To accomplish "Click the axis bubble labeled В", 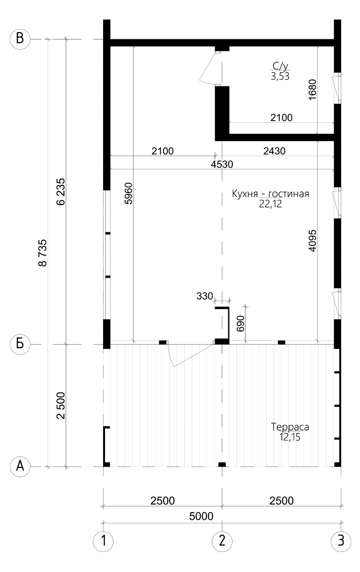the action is point(20,39).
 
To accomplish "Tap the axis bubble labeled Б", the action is point(20,344).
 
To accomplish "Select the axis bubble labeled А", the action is point(20,467).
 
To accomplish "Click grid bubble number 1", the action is point(103,541).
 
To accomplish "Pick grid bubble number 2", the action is point(222,541).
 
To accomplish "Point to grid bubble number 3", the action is point(341,541).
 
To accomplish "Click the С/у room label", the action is point(280,66).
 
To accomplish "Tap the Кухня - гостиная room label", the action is point(270,194).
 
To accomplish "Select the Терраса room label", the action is point(290,427).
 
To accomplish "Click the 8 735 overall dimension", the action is point(43,253).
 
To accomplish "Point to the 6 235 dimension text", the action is point(61,192).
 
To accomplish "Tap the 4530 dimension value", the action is point(222,164).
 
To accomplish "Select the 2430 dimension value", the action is point(274,151).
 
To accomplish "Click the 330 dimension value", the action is point(205,296).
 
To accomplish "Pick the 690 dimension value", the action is point(240,324).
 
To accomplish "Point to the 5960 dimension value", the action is point(128,193).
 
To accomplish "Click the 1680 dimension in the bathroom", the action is point(312,90).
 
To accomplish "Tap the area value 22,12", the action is point(270,204).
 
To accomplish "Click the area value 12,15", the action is point(290,437).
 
